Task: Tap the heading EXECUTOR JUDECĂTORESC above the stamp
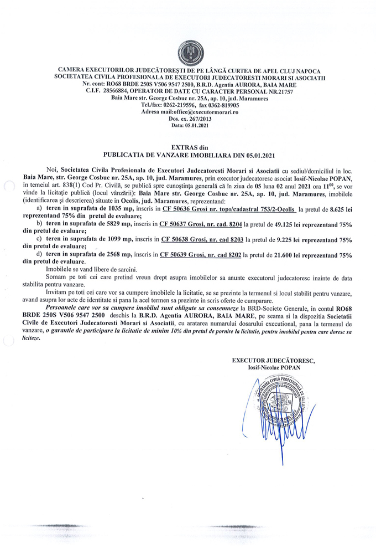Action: click(x=273, y=361)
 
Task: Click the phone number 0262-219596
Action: click(x=171, y=105)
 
